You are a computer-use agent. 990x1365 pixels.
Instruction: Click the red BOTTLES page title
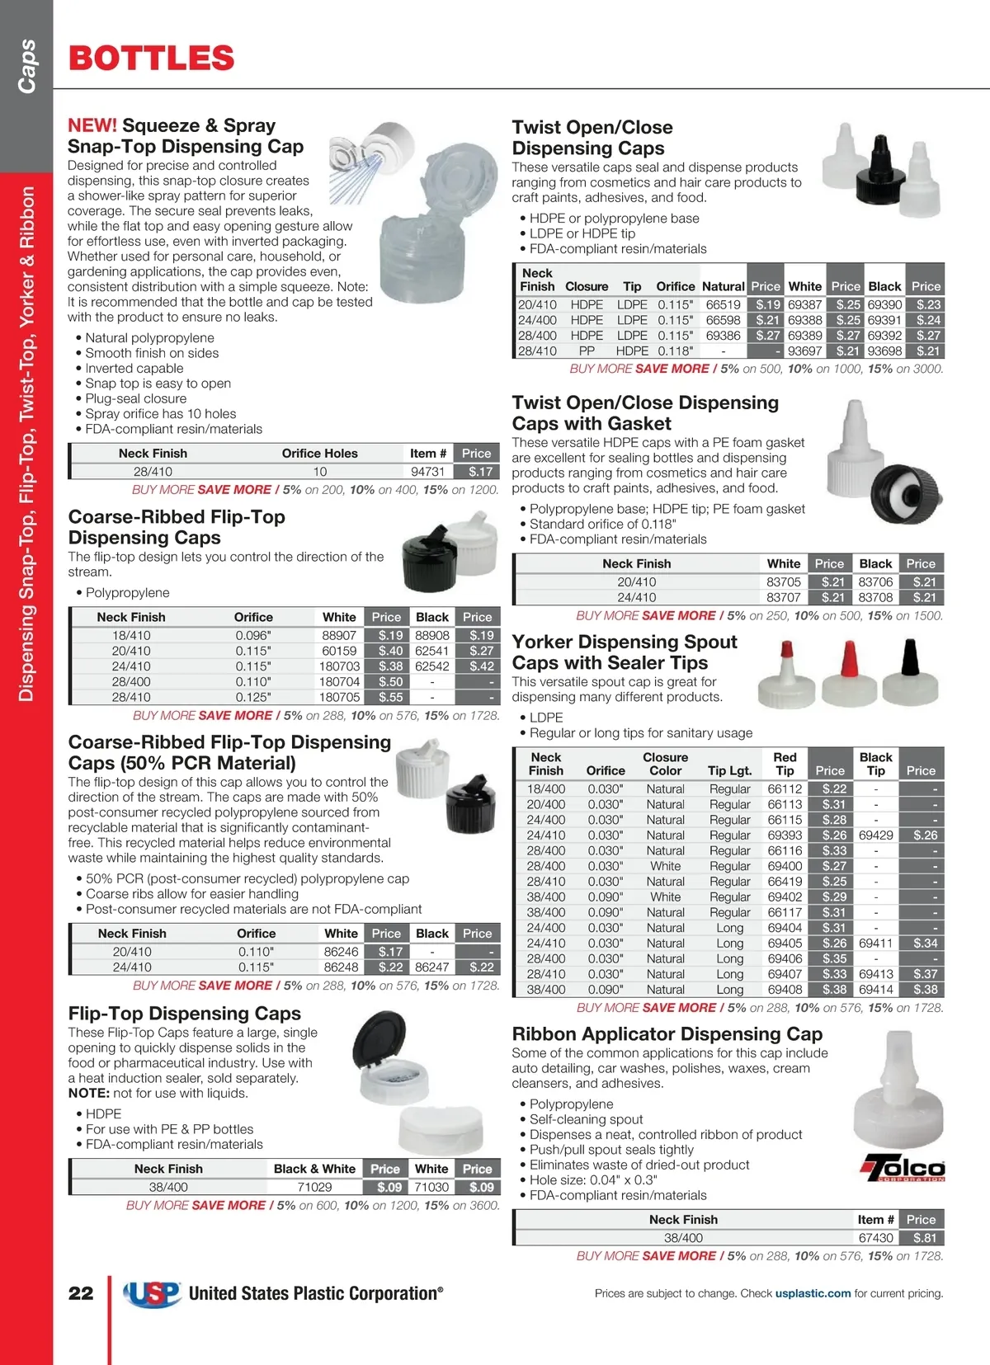coord(152,59)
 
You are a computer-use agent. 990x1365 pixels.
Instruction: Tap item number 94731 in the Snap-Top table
coord(428,472)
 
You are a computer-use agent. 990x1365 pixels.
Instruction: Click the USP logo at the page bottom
coord(153,1293)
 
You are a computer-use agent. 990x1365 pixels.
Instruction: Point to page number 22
coord(81,1293)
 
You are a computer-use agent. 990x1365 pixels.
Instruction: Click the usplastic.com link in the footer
coord(813,1293)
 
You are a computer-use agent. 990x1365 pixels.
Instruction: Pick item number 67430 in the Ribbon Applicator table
coord(875,1238)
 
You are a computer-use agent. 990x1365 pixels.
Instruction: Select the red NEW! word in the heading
coord(92,125)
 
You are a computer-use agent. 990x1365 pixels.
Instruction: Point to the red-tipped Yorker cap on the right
coord(847,672)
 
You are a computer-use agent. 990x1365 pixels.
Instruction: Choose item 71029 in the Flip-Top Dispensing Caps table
coord(314,1187)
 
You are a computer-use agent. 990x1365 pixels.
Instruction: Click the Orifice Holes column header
coord(319,453)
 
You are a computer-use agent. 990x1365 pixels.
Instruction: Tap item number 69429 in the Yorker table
coord(875,835)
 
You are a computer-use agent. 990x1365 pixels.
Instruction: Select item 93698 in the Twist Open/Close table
coord(884,351)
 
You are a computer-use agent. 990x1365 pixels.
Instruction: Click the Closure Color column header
coord(665,764)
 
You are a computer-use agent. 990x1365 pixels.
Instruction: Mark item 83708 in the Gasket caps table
coord(875,597)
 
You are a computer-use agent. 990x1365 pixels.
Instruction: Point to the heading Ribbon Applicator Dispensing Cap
coord(667,1034)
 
